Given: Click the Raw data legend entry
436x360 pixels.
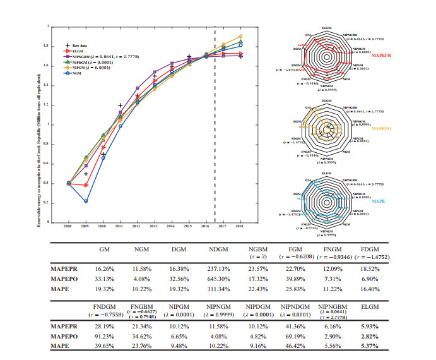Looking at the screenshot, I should (79, 46).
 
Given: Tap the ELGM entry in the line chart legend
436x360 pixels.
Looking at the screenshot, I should (79, 51).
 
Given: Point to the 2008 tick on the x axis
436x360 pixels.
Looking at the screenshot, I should (68, 225).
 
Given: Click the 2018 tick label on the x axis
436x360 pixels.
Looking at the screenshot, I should (239, 225).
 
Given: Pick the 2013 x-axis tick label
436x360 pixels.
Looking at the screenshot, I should (154, 225).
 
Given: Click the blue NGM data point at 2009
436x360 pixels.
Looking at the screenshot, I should (85, 201).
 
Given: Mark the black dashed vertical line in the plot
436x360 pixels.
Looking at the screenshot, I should (215, 126).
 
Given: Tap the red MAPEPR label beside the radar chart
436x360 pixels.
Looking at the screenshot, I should (381, 55).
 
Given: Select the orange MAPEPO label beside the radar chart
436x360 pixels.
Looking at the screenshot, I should (380, 128).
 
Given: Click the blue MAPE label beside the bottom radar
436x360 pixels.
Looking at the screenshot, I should (377, 201).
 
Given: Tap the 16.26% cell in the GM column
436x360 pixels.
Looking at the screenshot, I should (105, 268).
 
